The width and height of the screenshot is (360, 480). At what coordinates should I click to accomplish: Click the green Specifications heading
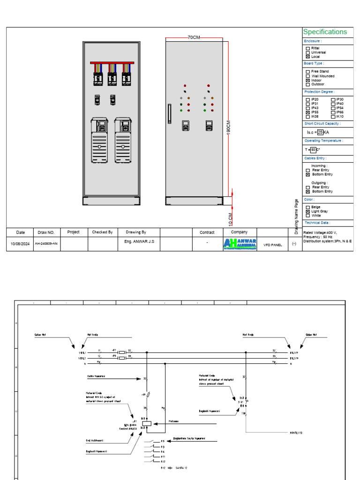tap(325, 32)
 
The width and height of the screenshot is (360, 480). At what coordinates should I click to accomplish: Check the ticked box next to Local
tap(307, 57)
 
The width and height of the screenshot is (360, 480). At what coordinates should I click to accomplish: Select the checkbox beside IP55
tap(307, 112)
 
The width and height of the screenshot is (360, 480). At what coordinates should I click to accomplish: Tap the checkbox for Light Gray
tap(307, 211)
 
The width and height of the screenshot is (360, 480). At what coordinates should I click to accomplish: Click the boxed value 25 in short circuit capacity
tap(320, 132)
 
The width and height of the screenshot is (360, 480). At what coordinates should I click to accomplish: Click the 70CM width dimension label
tap(194, 37)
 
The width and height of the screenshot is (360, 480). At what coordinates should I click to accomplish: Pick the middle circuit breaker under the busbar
tap(112, 77)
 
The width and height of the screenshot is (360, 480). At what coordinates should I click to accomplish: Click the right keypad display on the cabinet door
tap(209, 126)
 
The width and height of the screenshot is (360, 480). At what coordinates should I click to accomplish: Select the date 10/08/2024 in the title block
tap(20, 244)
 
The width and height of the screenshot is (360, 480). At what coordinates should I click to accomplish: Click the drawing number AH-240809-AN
tap(47, 244)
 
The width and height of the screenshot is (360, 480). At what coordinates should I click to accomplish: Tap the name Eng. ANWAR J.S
tap(136, 241)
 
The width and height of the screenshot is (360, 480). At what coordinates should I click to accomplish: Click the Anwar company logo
tap(240, 243)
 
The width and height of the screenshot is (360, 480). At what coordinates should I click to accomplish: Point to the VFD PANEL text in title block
tap(273, 245)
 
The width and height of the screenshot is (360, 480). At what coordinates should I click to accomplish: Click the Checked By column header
tap(102, 232)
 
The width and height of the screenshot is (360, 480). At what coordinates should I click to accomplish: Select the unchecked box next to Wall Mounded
tap(307, 76)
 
